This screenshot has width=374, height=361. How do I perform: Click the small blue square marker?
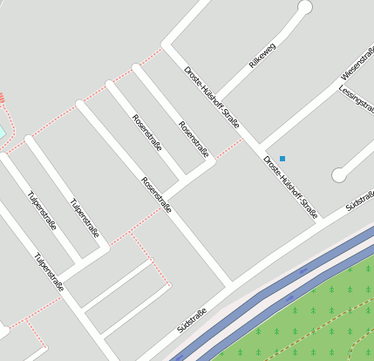point(282,159)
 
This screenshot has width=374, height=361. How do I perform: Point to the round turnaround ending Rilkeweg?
point(304,8)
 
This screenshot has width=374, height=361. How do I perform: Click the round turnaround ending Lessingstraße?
point(339,175)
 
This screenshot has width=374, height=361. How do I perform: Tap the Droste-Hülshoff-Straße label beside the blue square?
point(290,186)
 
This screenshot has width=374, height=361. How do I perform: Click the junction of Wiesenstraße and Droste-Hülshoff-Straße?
point(259,146)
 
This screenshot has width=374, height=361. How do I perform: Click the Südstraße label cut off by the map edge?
point(360,201)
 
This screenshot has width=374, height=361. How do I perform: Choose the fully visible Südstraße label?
point(192,320)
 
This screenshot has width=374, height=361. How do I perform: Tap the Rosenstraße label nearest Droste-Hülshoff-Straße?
point(193,138)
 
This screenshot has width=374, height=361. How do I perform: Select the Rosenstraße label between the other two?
point(146,133)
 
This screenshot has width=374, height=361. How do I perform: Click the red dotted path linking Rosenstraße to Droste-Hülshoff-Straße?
point(228,148)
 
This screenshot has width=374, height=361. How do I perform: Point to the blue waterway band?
point(262,301)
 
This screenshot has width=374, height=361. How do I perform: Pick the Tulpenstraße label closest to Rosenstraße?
point(85,219)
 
